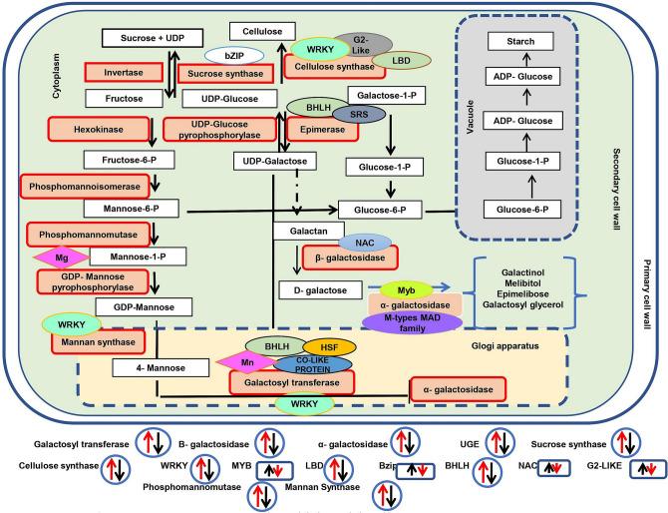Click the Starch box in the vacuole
[x=528, y=43]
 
